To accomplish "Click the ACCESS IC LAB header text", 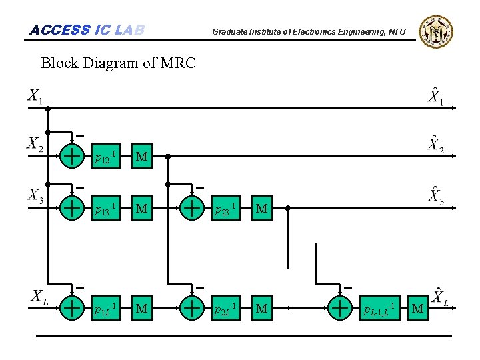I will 87,30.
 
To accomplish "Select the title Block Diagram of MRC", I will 118,63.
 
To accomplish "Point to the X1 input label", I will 35,97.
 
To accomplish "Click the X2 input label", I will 35,145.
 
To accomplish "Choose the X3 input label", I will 35,197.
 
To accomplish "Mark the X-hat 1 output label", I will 435,97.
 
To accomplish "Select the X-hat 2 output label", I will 435,145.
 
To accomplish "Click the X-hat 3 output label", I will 435,197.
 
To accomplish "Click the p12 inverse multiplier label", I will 105,157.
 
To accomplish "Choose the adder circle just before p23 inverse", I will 192,208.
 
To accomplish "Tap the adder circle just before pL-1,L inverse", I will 340,308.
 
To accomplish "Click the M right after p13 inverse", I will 141,209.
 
